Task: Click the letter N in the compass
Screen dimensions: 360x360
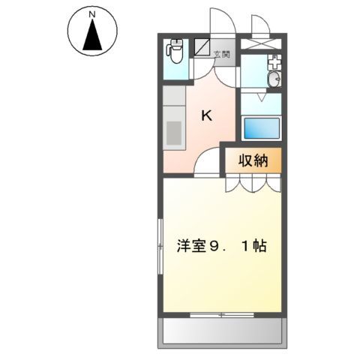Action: click(91, 14)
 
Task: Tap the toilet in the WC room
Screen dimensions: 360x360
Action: click(174, 54)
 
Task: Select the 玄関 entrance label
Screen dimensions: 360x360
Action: click(223, 54)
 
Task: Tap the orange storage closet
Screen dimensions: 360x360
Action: click(253, 160)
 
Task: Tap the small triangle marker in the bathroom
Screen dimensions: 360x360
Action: click(261, 97)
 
